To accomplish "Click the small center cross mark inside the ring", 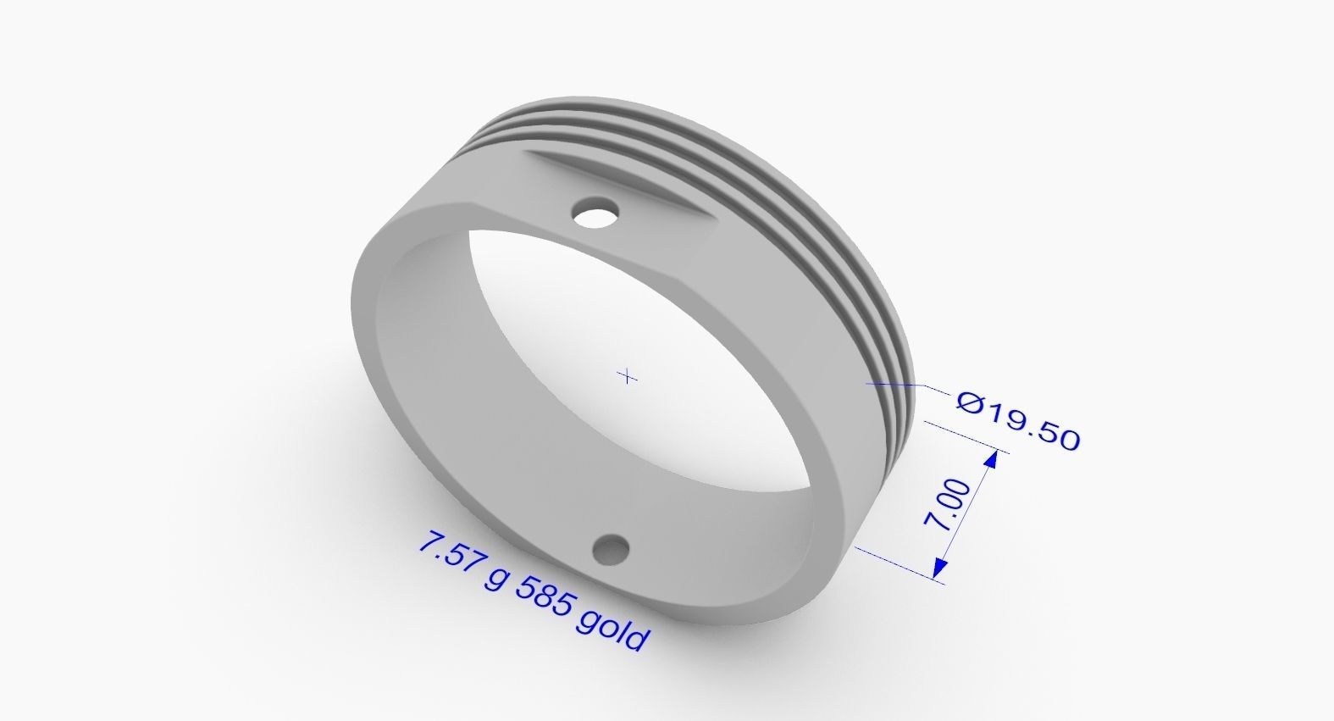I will (x=628, y=375).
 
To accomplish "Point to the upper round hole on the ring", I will (x=596, y=213).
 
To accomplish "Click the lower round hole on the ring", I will (x=612, y=552).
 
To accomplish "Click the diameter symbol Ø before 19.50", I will (x=971, y=402).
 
